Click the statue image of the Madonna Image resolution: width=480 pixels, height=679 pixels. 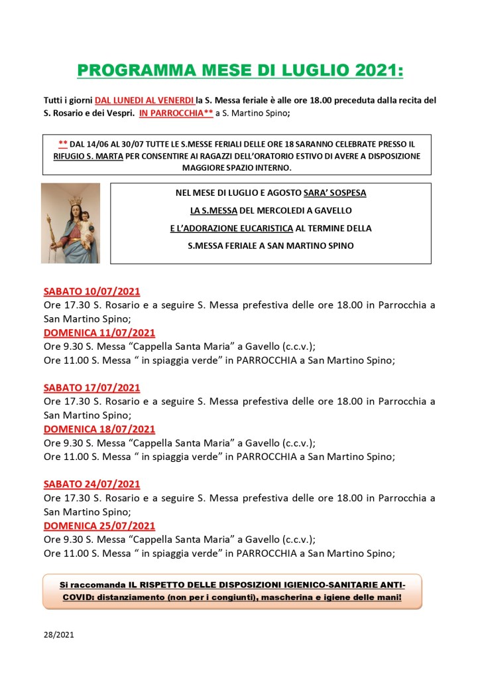point(70,222)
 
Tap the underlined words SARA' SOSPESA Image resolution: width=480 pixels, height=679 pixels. point(335,193)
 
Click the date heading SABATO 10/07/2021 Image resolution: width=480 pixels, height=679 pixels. point(91,291)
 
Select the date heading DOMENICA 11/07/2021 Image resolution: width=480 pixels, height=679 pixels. point(99,333)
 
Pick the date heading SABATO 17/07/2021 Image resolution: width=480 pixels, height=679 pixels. point(91,388)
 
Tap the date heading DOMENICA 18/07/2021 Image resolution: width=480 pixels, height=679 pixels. point(99,429)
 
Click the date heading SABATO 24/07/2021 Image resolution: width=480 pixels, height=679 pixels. point(91,484)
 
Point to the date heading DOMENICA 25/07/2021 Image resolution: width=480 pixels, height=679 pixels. point(99,526)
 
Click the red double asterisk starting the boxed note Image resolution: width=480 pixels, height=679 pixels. point(63,143)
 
